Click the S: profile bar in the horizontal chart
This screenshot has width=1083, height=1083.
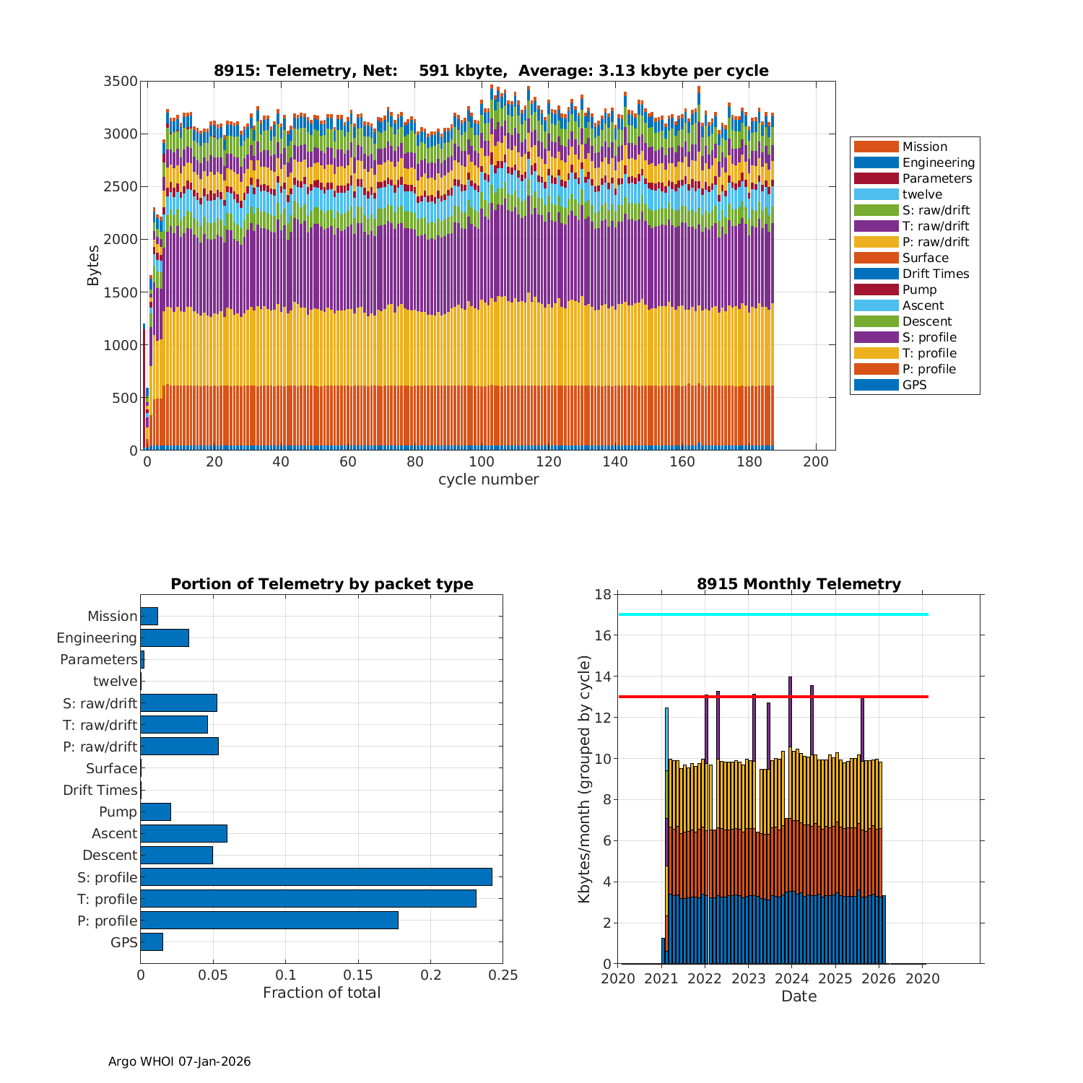coord(316,877)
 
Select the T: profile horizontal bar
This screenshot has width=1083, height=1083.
coord(308,898)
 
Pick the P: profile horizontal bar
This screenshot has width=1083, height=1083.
coord(269,920)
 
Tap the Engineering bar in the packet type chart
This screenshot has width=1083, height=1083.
coord(165,638)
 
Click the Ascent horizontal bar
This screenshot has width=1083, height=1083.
coord(183,833)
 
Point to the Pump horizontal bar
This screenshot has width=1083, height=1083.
coord(155,812)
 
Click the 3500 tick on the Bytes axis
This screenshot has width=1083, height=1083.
coord(121,81)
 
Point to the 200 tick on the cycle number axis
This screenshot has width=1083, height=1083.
coord(816,462)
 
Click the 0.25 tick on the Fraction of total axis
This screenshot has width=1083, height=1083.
coord(503,975)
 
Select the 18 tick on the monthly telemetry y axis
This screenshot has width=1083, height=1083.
coord(603,594)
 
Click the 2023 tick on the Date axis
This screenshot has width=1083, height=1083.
coord(748,978)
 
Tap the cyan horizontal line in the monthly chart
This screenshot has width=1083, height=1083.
coord(773,614)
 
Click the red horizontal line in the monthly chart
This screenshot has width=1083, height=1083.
coord(773,697)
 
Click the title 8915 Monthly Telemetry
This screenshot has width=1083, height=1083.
coord(799,583)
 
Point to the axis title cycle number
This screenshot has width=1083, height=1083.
coord(488,479)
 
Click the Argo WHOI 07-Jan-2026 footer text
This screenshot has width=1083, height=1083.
coord(179,1061)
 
